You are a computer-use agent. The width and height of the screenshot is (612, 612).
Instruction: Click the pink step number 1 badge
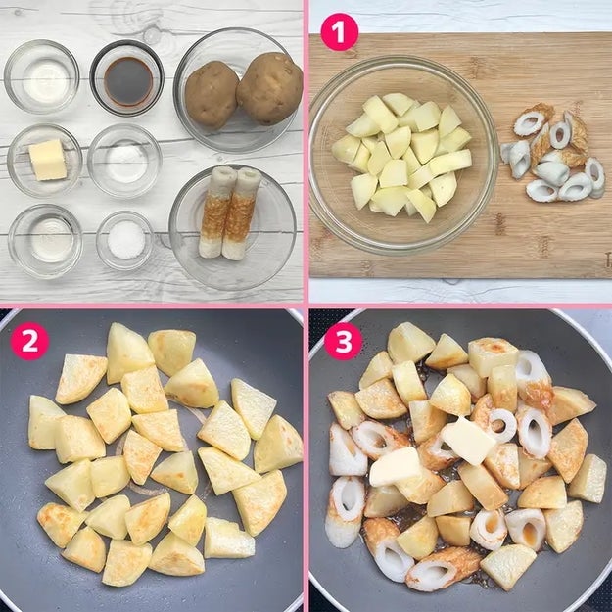click(339, 31)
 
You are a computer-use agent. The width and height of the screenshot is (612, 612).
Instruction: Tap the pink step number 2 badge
click(29, 341)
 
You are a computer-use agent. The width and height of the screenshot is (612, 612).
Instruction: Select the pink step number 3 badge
click(344, 341)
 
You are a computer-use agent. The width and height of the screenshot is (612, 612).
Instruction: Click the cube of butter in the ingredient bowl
click(48, 160)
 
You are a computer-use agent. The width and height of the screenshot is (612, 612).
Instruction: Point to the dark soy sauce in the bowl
click(128, 81)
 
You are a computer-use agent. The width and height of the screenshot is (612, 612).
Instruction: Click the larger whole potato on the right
click(269, 88)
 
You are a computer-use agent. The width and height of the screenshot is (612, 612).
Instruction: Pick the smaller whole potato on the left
click(212, 94)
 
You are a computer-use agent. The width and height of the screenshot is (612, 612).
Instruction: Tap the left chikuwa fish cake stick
click(217, 212)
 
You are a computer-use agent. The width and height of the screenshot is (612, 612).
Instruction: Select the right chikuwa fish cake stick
click(241, 213)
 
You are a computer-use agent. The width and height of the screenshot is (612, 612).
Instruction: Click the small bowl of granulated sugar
click(125, 240)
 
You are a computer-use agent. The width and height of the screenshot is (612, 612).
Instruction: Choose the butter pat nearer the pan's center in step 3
click(468, 441)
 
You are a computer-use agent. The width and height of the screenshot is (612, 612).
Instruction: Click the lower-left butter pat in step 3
click(395, 467)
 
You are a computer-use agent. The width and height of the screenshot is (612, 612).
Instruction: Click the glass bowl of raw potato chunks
click(403, 155)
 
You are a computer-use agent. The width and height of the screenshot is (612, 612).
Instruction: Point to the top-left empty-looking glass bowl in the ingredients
click(42, 76)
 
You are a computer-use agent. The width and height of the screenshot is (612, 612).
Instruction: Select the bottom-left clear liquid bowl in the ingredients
click(45, 241)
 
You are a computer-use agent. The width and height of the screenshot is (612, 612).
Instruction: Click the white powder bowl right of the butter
click(124, 161)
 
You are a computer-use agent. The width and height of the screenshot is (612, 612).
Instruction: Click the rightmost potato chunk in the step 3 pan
click(590, 479)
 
